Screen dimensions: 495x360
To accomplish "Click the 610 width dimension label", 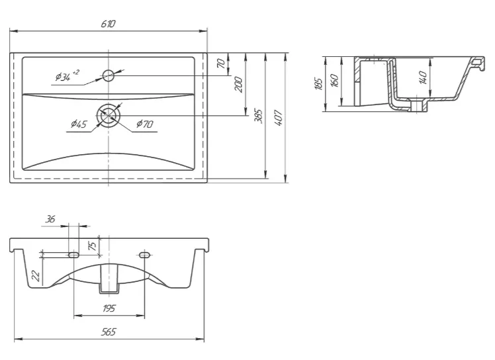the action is point(109,24).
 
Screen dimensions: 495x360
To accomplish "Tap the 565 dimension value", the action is point(109,332).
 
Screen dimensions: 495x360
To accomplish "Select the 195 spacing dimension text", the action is point(109,308).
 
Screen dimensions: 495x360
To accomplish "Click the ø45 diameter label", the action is point(79,124).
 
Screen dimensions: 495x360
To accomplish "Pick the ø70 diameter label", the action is point(145,124).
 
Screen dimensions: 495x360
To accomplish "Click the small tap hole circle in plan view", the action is point(109,75).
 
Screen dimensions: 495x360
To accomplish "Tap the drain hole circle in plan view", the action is point(109,116).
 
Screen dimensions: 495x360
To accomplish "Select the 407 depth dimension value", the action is point(279,118).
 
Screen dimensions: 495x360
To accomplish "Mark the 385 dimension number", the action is point(259,116).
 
